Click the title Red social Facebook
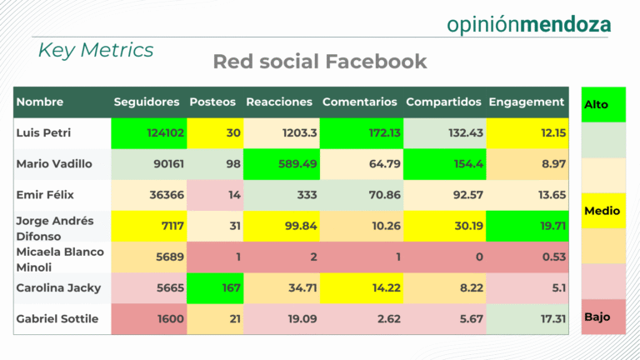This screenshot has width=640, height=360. [x=320, y=62]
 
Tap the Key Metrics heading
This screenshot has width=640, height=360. [x=96, y=50]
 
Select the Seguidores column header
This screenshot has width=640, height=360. [x=147, y=102]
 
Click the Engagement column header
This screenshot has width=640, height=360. [x=526, y=102]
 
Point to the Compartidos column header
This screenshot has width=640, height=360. [x=443, y=102]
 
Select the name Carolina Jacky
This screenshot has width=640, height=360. [x=58, y=288]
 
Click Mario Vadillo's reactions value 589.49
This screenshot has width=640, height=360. [x=297, y=164]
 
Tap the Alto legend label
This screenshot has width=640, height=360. [x=597, y=105]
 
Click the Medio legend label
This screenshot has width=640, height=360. [x=602, y=212]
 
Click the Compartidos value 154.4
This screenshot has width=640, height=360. [x=464, y=164]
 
